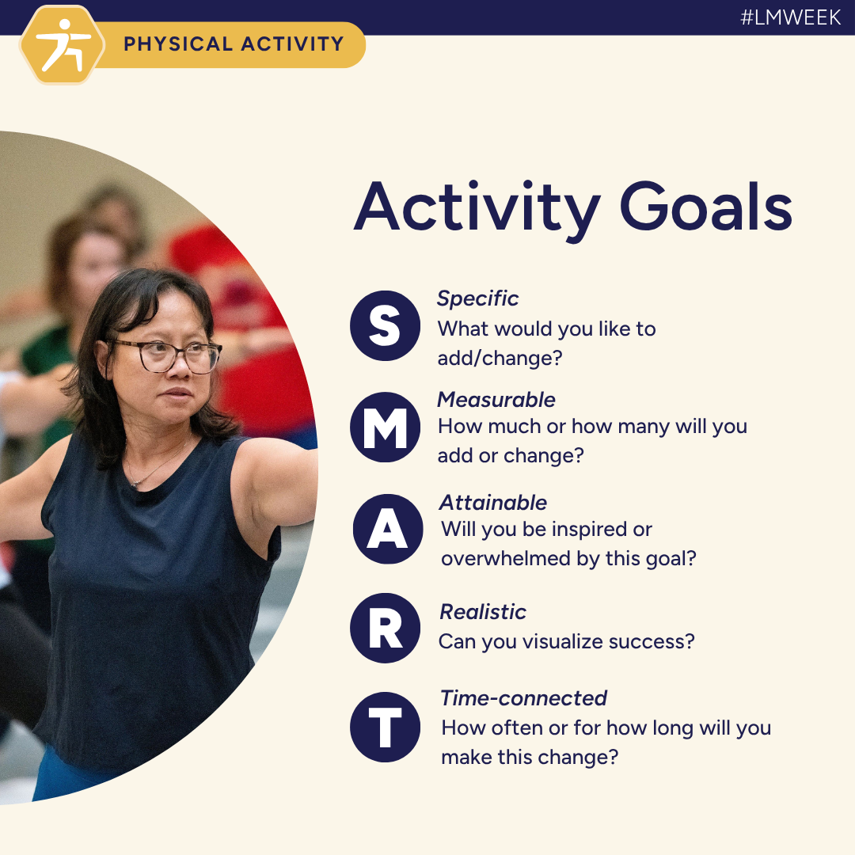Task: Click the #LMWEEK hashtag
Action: click(790, 17)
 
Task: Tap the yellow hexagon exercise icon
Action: click(62, 45)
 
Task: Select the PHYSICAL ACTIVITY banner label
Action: click(234, 44)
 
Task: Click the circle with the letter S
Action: click(385, 326)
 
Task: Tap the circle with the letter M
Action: click(385, 427)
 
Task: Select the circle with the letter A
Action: click(387, 529)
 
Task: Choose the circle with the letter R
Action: click(385, 628)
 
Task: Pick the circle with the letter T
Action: click(385, 728)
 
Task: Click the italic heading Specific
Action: click(477, 298)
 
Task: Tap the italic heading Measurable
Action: click(496, 400)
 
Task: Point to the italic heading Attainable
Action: click(493, 503)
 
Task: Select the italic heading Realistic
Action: click(483, 612)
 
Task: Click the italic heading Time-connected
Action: click(523, 698)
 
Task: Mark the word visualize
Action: click(565, 641)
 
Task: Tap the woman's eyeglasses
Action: click(167, 355)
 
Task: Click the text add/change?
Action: click(500, 358)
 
